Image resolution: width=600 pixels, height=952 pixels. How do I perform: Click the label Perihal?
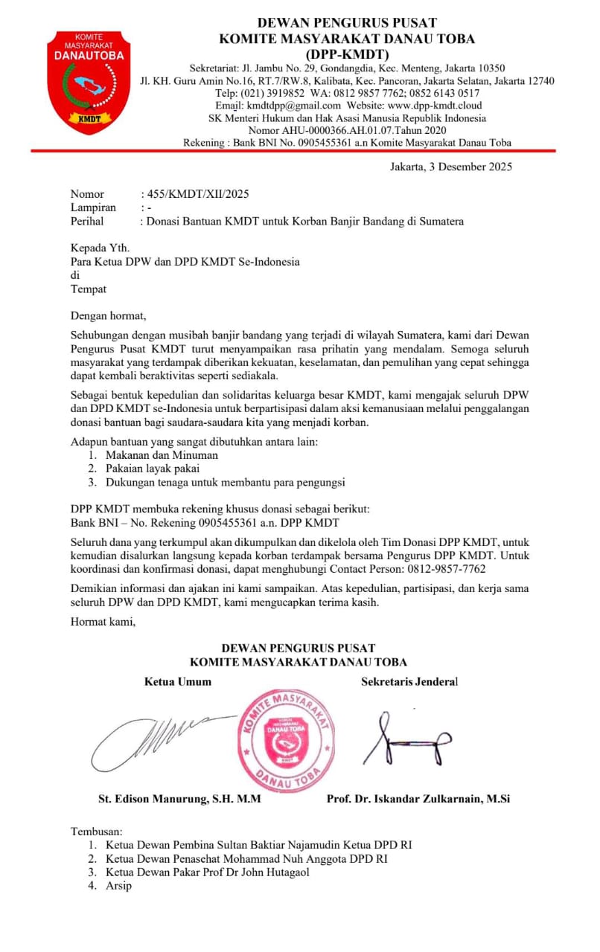click(x=87, y=221)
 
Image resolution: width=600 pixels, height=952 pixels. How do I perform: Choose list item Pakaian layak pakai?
click(x=152, y=469)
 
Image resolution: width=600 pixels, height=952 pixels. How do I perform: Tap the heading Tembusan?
click(x=96, y=831)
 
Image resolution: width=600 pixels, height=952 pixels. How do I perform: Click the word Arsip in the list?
click(x=118, y=886)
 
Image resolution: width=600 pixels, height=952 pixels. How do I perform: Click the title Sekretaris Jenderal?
click(x=409, y=681)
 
